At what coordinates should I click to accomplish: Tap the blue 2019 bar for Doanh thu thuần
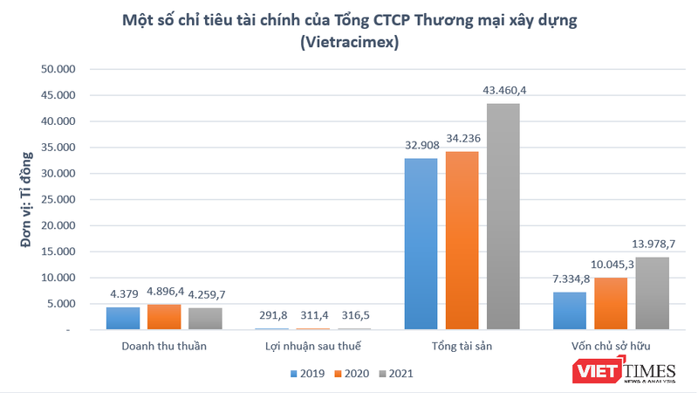(x=123, y=318)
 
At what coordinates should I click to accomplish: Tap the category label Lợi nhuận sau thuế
(x=315, y=346)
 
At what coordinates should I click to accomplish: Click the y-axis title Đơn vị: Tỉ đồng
(x=28, y=200)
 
